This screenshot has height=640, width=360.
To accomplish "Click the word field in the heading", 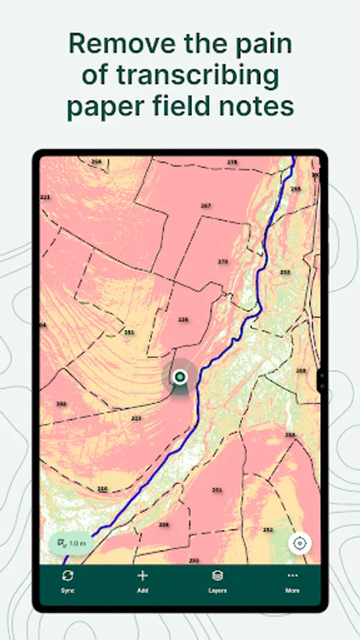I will coord(189,107).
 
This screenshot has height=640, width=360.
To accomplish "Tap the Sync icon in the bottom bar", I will coord(68,577).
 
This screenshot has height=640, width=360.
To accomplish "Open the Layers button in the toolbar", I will coord(218,577).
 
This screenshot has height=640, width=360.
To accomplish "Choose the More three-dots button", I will coord(292,576).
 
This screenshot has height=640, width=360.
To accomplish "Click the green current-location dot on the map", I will coord(181,376).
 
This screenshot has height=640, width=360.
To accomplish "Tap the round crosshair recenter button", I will coord(300,543).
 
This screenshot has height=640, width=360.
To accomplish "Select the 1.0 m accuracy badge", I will coord(71,543).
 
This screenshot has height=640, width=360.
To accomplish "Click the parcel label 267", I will coord(206,206).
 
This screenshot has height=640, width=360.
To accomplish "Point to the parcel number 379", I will coord(223,262).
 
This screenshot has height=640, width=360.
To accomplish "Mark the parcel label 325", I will coord(183,320).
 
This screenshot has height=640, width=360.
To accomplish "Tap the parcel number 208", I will coord(164,525).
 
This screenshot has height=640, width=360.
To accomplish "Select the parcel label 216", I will coord(102,489).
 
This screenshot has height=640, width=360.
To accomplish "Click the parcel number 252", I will coord(268,530).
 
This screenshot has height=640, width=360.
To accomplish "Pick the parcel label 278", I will coord(232,163).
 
